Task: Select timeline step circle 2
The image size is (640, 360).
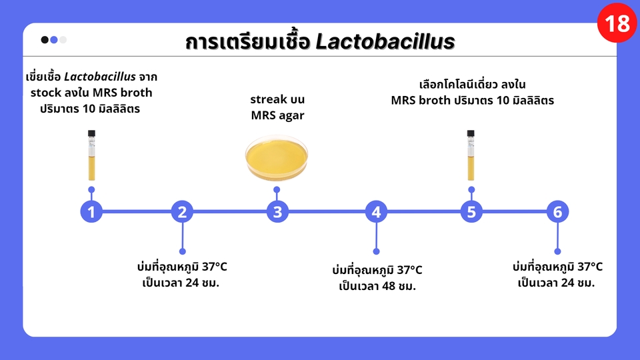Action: (x=182, y=213)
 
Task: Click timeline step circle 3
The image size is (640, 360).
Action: (x=277, y=213)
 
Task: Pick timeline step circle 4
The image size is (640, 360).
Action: (x=376, y=213)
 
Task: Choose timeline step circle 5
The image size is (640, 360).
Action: (x=471, y=213)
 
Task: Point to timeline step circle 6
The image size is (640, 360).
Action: (x=557, y=213)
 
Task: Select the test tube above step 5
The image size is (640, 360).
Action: (x=471, y=156)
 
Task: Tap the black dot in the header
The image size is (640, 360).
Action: (x=45, y=39)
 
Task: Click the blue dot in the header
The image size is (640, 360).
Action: (x=54, y=39)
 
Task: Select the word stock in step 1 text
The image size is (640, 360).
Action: (x=47, y=93)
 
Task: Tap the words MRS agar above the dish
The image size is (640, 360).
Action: (x=277, y=115)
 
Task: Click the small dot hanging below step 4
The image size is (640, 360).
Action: (x=376, y=251)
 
